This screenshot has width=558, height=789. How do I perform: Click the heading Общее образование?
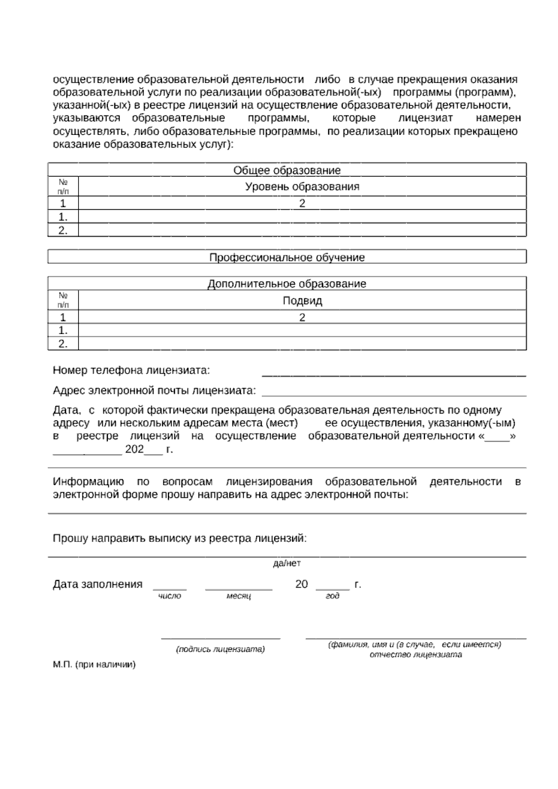tap(287, 170)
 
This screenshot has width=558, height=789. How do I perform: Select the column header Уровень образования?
tap(302, 187)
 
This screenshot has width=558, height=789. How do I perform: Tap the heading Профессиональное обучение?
tap(287, 257)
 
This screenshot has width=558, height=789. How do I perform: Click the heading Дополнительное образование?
tap(287, 284)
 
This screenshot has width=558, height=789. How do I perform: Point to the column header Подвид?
tap(302, 301)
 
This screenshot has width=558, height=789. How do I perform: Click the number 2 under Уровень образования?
tap(302, 203)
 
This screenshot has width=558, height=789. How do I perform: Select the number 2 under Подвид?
tap(302, 318)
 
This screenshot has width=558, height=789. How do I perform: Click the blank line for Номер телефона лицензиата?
tap(394, 374)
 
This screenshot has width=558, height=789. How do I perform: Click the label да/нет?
tap(287, 563)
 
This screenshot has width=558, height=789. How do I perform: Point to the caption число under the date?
tap(170, 596)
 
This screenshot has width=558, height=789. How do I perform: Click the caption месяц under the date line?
tap(239, 596)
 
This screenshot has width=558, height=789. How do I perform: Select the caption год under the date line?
tap(332, 596)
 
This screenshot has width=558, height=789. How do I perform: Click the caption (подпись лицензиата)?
tap(220, 649)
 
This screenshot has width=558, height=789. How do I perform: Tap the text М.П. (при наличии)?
tap(94, 665)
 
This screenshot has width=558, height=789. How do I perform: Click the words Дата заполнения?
tap(98, 584)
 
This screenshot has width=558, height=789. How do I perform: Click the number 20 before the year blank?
tap(301, 584)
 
